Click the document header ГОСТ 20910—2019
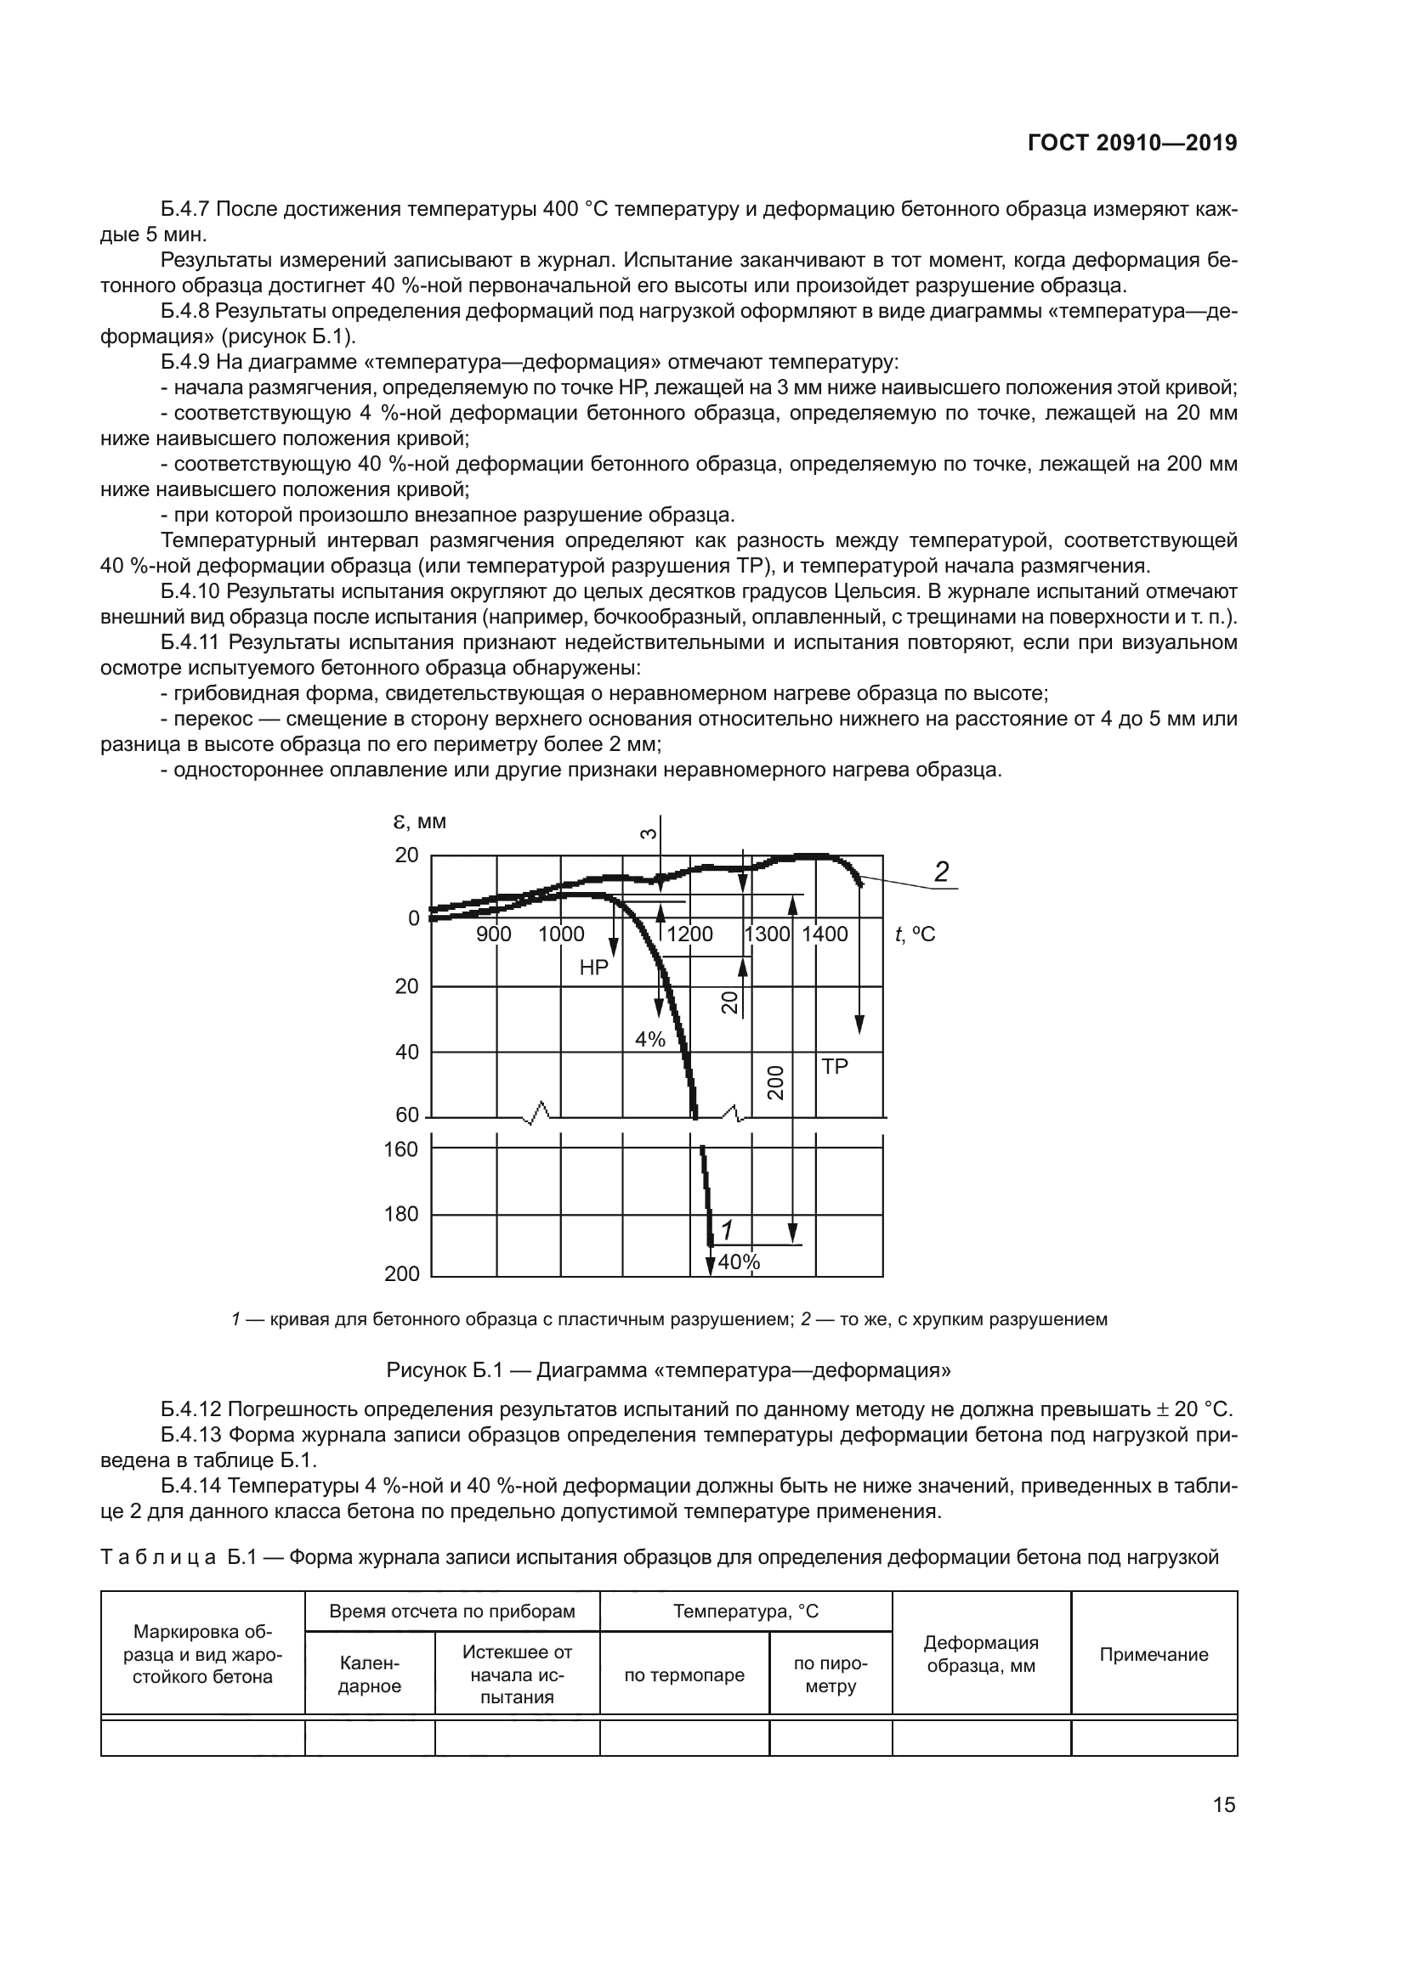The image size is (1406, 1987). click(1131, 144)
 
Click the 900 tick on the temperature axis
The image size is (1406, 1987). click(494, 934)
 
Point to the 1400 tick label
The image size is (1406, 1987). click(825, 934)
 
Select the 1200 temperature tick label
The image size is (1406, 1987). click(690, 934)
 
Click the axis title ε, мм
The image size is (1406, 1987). click(415, 821)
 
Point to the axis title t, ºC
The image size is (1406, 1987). click(916, 934)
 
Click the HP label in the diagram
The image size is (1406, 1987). click(594, 968)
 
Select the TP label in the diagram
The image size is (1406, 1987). click(835, 1067)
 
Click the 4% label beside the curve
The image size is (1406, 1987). click(650, 1039)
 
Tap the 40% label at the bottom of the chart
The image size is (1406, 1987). click(739, 1262)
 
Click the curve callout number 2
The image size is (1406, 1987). click(941, 872)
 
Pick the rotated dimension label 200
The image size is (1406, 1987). click(776, 1082)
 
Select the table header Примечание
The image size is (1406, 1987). click(1154, 1655)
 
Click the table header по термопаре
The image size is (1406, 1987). click(684, 1674)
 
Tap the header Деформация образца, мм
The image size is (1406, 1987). click(981, 1654)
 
